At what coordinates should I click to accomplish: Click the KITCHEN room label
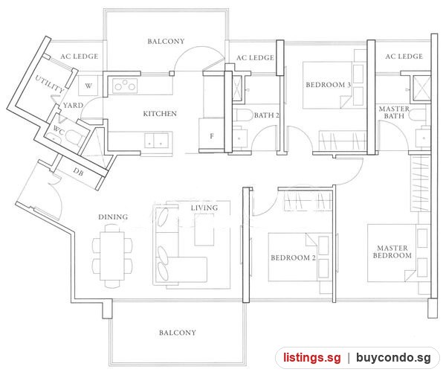(x=160, y=114)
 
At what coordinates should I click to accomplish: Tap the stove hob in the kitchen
(x=125, y=86)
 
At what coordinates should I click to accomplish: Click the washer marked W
(x=88, y=86)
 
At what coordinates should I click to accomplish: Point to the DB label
(x=78, y=172)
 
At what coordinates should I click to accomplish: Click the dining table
(x=112, y=256)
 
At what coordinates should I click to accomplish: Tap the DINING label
(x=113, y=217)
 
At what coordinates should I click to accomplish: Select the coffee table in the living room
(x=204, y=229)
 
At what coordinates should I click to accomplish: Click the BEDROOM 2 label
(x=293, y=257)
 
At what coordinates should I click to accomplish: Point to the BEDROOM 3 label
(x=329, y=85)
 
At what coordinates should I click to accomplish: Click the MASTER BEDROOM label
(x=392, y=251)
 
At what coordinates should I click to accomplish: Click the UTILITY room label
(x=50, y=84)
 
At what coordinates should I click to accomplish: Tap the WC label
(x=59, y=130)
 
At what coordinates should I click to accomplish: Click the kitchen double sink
(x=156, y=141)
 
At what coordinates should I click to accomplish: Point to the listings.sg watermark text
(x=311, y=357)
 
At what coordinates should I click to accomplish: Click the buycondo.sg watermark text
(x=393, y=358)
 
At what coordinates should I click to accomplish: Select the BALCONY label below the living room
(x=178, y=333)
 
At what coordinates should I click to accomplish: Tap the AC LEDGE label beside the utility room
(x=80, y=57)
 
